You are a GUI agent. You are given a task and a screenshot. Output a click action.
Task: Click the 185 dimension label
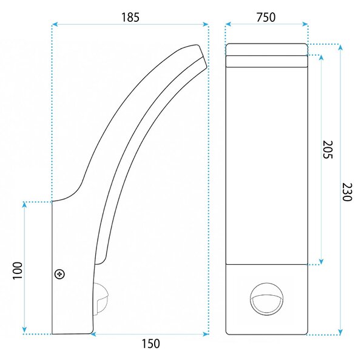coord(130,18)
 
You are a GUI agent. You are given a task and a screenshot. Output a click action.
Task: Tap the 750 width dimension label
coord(266,18)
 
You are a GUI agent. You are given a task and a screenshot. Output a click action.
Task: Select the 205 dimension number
coord(328,149)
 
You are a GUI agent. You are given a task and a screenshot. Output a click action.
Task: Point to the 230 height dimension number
coord(347,192)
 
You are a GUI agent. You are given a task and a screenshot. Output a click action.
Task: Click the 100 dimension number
coord(18,271)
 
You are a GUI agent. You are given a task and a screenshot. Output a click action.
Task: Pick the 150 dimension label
coord(151,344)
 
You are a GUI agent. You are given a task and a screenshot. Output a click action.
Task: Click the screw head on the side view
coord(59,275)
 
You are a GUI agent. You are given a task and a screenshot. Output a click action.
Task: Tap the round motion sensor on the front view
coord(267,299)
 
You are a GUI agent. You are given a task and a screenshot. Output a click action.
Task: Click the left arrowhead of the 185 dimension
coord(55,24)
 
